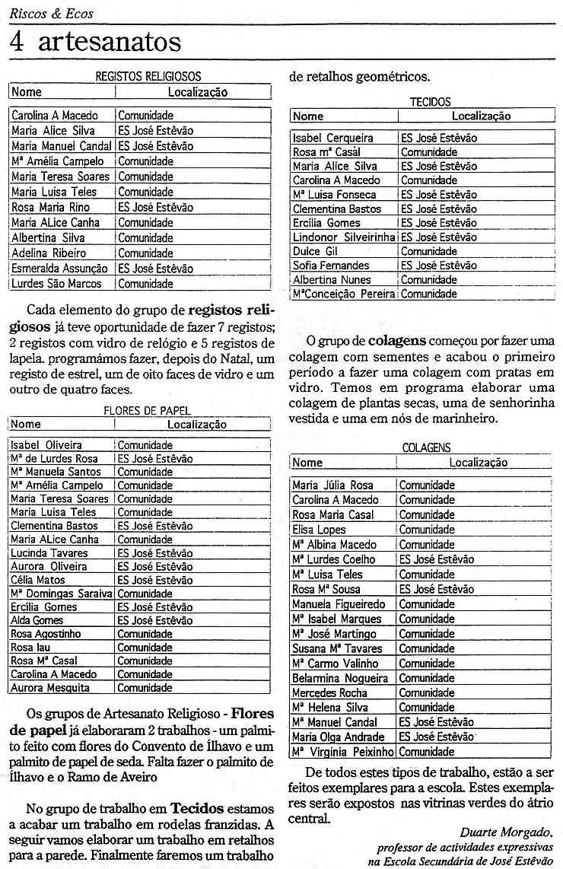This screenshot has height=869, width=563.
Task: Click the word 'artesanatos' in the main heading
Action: point(108,42)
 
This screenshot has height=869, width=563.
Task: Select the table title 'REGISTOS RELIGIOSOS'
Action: point(148,76)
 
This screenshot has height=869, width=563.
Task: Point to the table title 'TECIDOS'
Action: point(430,101)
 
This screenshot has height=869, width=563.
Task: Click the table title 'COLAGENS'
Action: point(426,448)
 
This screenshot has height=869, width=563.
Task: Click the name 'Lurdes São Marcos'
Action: point(56,284)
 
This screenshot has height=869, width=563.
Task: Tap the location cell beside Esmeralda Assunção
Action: point(155,269)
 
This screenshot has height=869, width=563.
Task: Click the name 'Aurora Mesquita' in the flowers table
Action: point(50,688)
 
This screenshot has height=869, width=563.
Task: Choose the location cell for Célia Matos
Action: point(155,580)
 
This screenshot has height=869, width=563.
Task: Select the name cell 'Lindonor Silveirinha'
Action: point(344,237)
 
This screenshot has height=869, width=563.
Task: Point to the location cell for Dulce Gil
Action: point(429,251)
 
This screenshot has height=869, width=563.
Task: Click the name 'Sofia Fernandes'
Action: point(331,266)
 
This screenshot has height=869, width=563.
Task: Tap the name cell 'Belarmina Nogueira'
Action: point(340,678)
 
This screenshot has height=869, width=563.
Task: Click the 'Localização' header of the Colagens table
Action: point(478,463)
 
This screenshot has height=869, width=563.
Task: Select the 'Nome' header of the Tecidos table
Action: point(308,116)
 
